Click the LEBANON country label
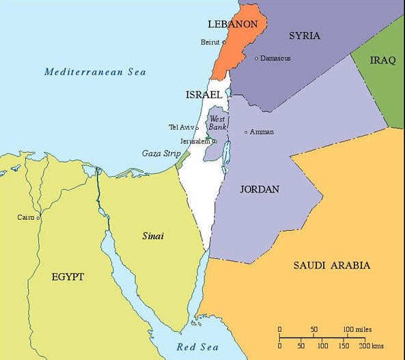[232, 25]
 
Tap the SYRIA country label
[305, 36]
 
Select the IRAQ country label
[382, 61]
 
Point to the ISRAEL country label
[204, 95]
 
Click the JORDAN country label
[260, 189]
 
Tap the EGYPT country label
[68, 277]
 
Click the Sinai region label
[152, 236]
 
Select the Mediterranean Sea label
[95, 72]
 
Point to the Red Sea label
[197, 347]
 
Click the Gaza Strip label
[161, 153]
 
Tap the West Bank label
[217, 123]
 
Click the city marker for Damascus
[256, 59]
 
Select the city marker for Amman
[246, 132]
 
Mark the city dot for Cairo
[38, 217]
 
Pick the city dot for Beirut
[223, 42]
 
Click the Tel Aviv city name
[182, 127]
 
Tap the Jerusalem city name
[195, 141]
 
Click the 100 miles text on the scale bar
[357, 329]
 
